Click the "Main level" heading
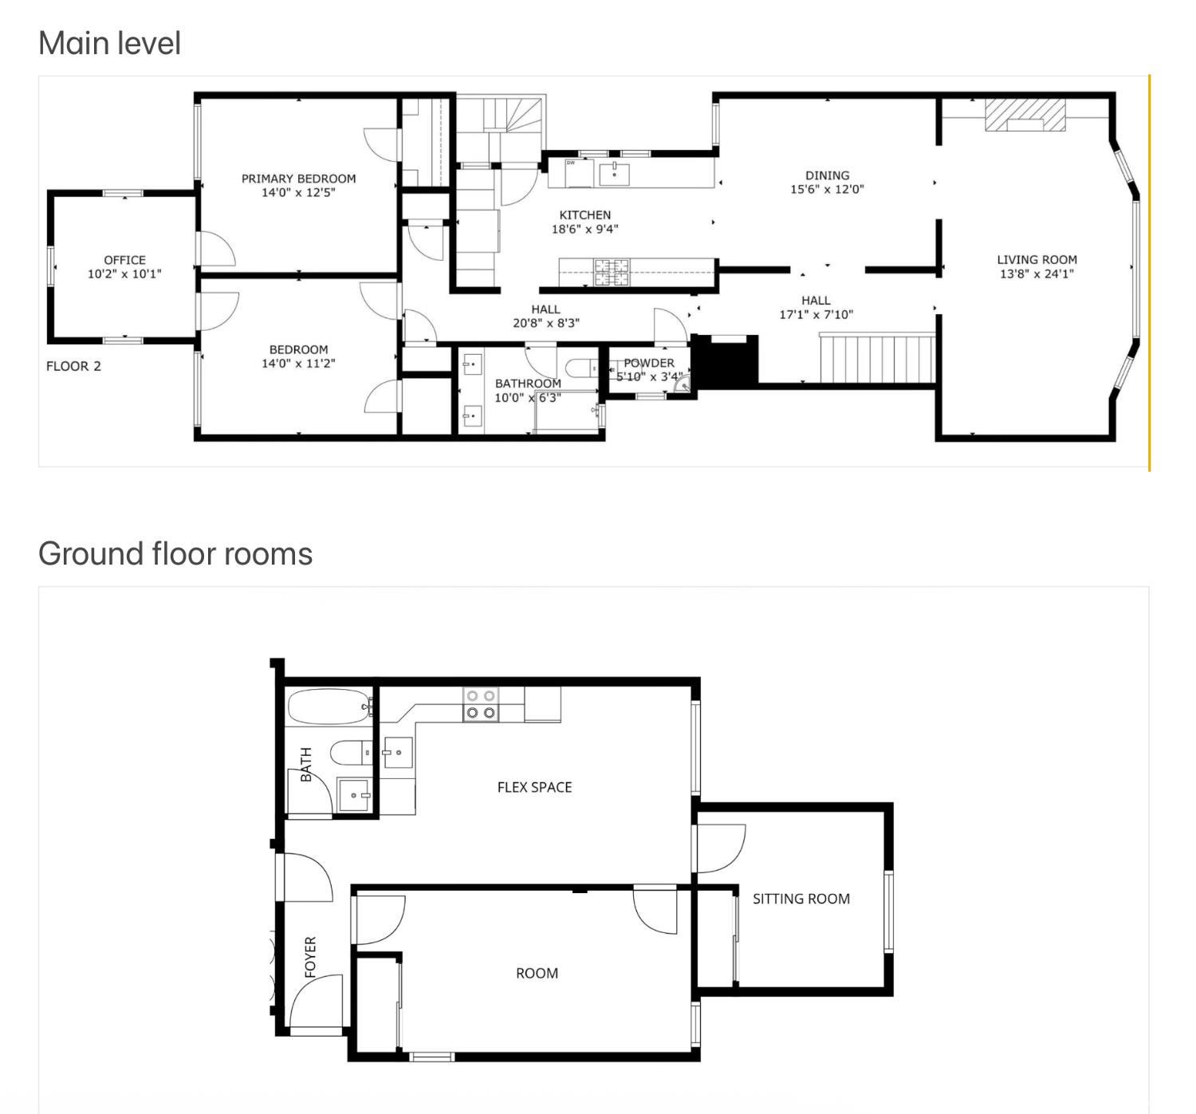coord(109,43)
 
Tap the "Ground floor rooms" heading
coord(175,553)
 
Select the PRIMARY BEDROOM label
coord(298,179)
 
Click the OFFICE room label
coord(124,260)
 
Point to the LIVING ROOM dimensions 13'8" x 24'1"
coord(1037,274)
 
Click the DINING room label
coord(827,175)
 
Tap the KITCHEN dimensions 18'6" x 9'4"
coord(584,229)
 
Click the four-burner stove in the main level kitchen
coord(612,273)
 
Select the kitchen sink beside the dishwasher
coord(614,174)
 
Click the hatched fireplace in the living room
coord(1025,115)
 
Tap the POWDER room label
coord(648,363)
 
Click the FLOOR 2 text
coord(73,366)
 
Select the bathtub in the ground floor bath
coord(330,706)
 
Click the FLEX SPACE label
coord(534,787)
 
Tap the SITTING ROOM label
coord(801,899)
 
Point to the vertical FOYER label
coord(310,957)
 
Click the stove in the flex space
coord(481,704)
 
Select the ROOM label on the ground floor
coord(537,973)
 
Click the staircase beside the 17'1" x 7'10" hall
coord(877,359)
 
